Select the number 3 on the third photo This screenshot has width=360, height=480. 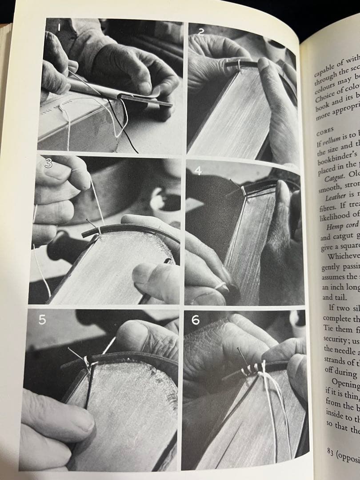point(48,164)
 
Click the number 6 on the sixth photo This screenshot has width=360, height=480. point(196,320)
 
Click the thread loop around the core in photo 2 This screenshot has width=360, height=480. point(239,66)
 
